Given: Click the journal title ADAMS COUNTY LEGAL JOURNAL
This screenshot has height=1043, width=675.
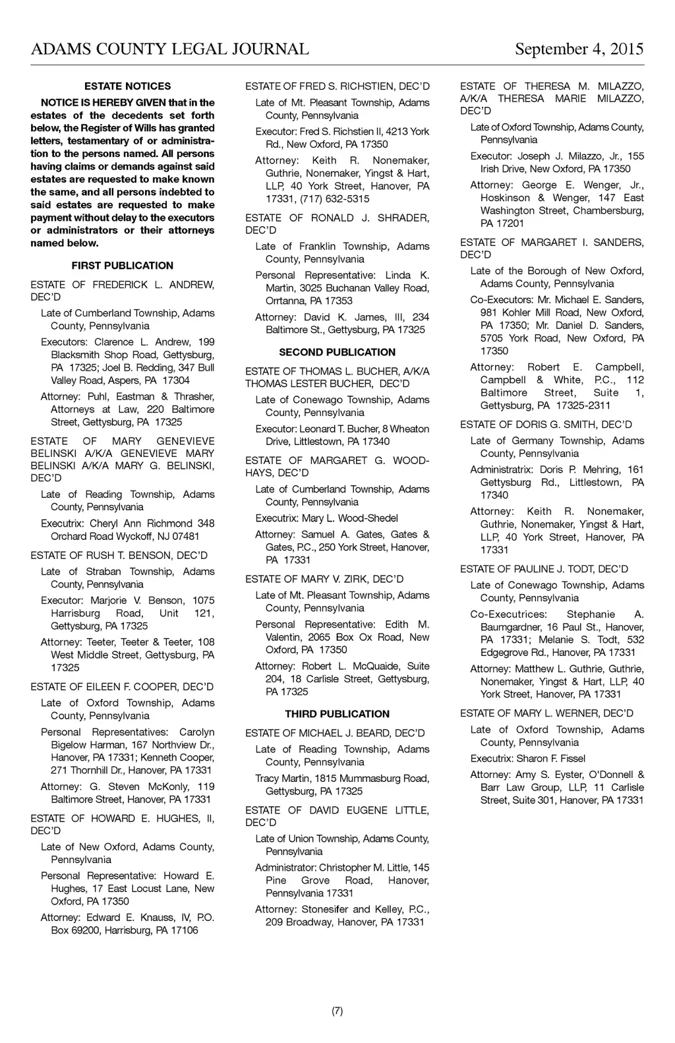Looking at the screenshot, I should [169, 49].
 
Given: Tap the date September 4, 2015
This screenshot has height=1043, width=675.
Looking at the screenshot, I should [579, 49].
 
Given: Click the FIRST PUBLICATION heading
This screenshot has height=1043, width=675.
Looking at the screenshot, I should [123, 266].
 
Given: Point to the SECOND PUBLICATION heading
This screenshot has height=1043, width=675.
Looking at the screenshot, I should [337, 352].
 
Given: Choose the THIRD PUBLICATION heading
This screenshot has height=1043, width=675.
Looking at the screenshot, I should [337, 714].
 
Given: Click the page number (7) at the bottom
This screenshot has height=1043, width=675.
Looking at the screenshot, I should [337, 1011].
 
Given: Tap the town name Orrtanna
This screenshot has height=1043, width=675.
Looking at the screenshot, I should [285, 301].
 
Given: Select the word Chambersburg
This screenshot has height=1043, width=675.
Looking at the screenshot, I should [608, 211].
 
